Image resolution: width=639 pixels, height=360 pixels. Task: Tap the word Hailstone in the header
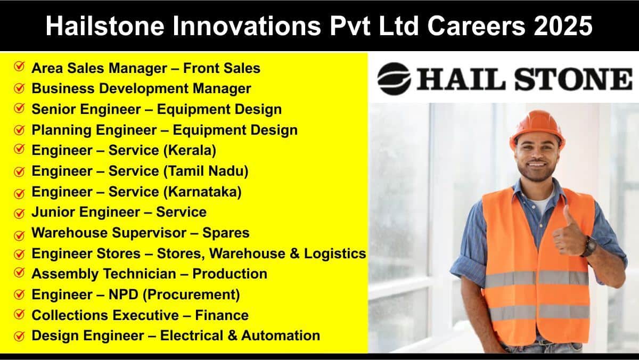point(105,26)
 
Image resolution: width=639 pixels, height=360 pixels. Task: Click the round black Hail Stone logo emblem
point(394,79)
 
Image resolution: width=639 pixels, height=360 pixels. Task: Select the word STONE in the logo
point(574,79)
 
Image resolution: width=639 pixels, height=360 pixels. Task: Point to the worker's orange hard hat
point(537,127)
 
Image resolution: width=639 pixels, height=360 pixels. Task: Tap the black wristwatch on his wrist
point(589,246)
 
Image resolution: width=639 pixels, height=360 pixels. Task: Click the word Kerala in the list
point(190,150)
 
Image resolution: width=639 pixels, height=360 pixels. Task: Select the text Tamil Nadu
point(206,171)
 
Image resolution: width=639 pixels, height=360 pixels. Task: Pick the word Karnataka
point(202,191)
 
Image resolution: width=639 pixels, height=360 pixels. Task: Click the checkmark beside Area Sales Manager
point(19,67)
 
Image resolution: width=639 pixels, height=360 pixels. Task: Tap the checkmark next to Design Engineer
point(19,336)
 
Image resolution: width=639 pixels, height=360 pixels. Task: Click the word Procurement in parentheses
point(191,294)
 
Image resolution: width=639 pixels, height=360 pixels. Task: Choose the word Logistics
point(334,253)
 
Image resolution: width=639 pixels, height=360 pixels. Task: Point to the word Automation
point(281,336)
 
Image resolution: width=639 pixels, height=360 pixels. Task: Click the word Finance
point(222,315)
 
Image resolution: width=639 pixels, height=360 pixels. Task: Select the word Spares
point(226,233)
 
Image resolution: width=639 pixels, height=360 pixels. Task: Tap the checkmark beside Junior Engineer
point(19,213)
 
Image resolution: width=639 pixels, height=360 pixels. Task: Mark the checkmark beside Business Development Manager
point(19,88)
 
